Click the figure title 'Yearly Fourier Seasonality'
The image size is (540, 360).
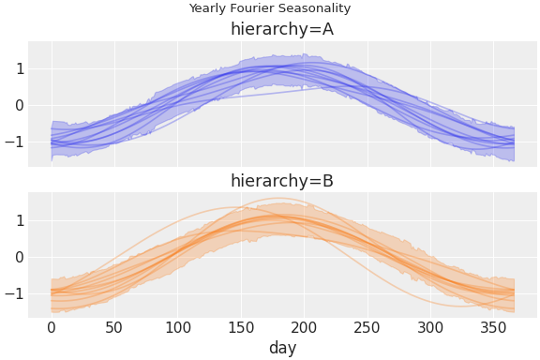tap(270, 8)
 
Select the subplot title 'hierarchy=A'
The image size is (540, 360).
tap(282, 29)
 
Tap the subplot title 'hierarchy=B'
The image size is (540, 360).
tap(282, 181)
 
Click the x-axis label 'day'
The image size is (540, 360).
tap(282, 348)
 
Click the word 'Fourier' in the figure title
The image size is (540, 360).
tap(253, 8)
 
